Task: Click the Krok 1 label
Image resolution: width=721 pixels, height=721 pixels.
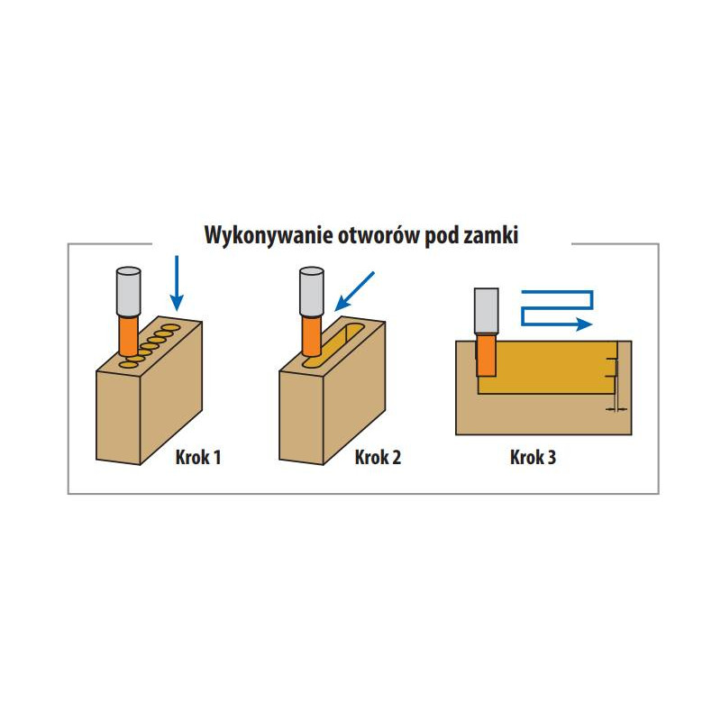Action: pyautogui.click(x=198, y=458)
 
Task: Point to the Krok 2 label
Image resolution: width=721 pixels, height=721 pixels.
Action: pyautogui.click(x=379, y=458)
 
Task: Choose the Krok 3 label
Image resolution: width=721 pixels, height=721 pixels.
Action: pyautogui.click(x=533, y=458)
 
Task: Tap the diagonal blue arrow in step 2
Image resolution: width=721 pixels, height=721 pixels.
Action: pyautogui.click(x=353, y=290)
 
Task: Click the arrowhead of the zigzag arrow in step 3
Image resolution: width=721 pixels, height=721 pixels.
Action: pyautogui.click(x=585, y=322)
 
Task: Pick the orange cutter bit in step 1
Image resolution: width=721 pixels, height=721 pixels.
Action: pyautogui.click(x=128, y=334)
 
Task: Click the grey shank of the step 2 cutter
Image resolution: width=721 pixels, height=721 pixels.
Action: pyautogui.click(x=311, y=291)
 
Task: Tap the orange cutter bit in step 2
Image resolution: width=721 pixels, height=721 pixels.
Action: pyautogui.click(x=311, y=335)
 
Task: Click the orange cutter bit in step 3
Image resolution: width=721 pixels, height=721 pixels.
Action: pyautogui.click(x=486, y=354)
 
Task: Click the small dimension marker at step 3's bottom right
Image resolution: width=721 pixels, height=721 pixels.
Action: pyautogui.click(x=616, y=408)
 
